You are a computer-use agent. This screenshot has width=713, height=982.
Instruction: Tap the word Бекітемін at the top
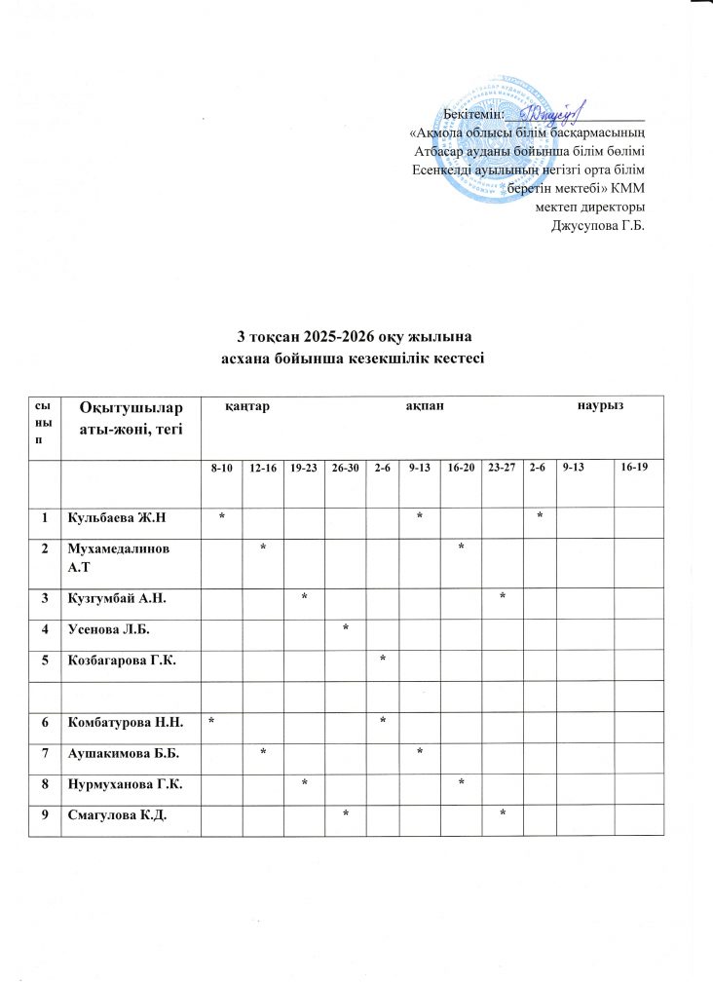(x=473, y=116)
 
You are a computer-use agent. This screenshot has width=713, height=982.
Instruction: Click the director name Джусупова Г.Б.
(x=599, y=227)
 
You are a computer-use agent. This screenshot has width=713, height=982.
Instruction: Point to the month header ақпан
(x=426, y=404)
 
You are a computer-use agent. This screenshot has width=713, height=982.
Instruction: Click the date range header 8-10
(x=222, y=470)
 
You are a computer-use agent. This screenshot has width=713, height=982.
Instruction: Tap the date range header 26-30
(x=345, y=470)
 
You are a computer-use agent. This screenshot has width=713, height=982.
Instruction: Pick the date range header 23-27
(x=502, y=470)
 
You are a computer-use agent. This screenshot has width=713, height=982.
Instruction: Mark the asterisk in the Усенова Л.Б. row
(x=345, y=626)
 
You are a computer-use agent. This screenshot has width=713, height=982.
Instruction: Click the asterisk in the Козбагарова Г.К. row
(x=383, y=660)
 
